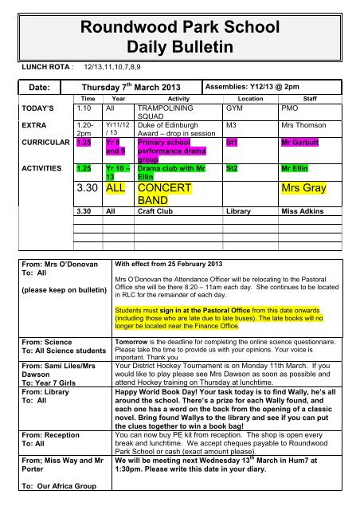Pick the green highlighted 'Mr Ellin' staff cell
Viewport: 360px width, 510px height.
click(x=297, y=170)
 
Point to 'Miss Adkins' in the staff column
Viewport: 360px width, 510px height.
click(x=305, y=214)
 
